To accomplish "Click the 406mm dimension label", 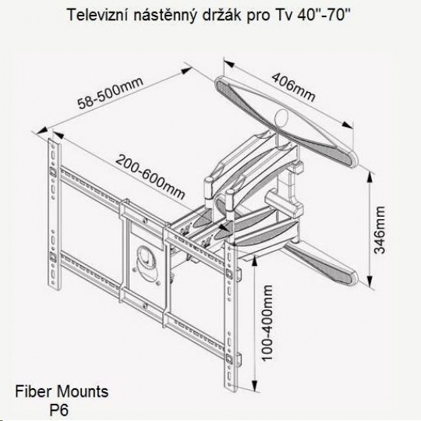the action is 293,87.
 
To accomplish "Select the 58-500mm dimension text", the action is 111,93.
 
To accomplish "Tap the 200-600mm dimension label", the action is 150,177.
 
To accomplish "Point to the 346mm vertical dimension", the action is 380,230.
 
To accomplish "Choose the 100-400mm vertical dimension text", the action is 267,323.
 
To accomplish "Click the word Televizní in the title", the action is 97,15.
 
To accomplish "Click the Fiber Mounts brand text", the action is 62,391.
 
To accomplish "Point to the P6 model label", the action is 58,410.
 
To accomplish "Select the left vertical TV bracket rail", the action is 55,214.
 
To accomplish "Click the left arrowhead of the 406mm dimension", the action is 229,64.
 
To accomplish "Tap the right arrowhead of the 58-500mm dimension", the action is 186,70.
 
